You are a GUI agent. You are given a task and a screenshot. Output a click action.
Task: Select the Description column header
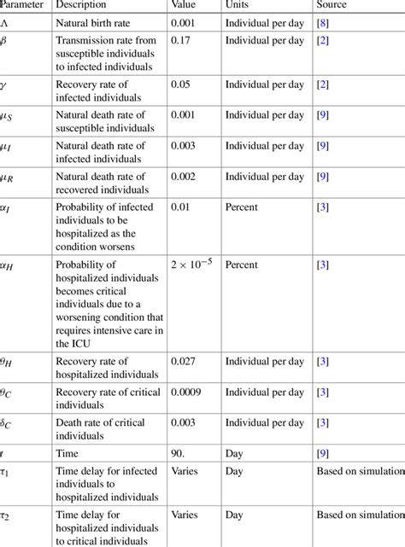tap(83, 5)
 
